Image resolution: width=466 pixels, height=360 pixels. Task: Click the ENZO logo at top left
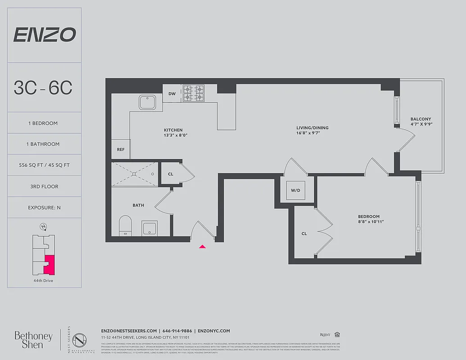44,35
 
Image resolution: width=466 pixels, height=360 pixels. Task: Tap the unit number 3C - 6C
43,88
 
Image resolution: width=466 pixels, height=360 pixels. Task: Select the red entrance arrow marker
203,246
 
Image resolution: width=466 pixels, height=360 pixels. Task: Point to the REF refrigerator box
121,149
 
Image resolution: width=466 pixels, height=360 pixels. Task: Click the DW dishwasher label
172,94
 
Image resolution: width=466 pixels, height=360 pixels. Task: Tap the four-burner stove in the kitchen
194,94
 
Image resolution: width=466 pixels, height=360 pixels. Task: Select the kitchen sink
147,102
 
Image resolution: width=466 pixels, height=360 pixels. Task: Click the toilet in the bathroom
125,225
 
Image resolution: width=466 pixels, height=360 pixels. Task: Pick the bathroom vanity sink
149,228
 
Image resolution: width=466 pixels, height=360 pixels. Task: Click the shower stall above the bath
135,174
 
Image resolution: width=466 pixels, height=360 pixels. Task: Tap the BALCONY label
421,119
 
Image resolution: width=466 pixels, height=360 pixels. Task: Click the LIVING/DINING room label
312,128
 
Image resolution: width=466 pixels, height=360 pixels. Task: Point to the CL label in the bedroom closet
304,234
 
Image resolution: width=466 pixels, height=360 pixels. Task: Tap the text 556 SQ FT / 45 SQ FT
44,165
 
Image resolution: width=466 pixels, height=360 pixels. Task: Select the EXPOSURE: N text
44,207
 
